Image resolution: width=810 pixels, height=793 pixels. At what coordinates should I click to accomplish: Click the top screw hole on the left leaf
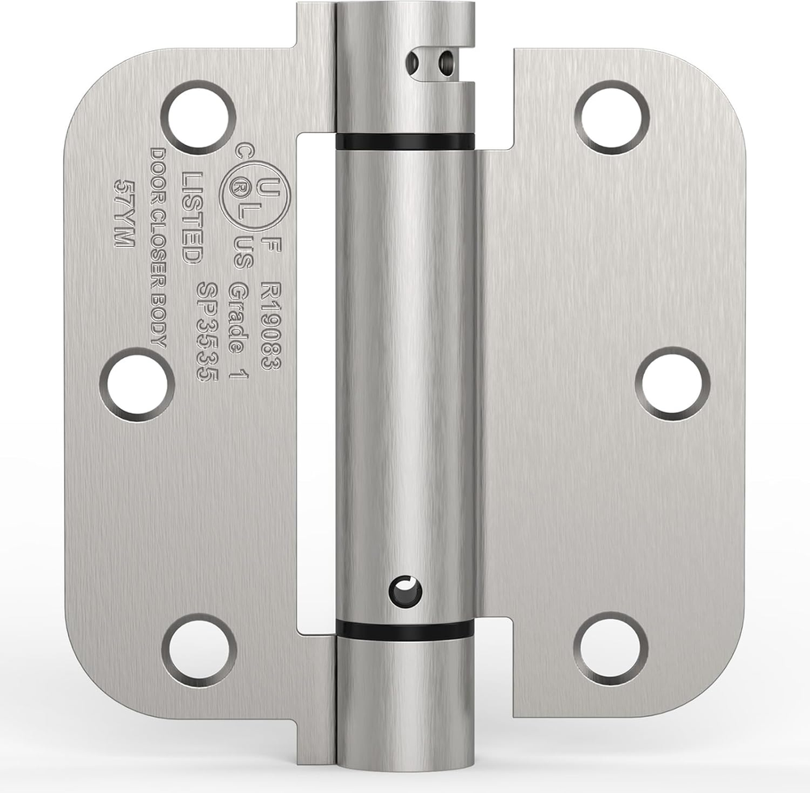pyautogui.click(x=198, y=117)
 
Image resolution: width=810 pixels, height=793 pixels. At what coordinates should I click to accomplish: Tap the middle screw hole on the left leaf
pyautogui.click(x=137, y=384)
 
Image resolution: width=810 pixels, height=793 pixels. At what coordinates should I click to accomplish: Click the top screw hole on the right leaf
pyautogui.click(x=612, y=117)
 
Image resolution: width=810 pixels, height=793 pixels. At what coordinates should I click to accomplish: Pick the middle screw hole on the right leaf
pyautogui.click(x=672, y=384)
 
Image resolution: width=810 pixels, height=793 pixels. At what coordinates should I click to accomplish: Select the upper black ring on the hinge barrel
pyautogui.click(x=405, y=141)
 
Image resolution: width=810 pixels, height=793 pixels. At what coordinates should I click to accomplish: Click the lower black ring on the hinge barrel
pyautogui.click(x=405, y=629)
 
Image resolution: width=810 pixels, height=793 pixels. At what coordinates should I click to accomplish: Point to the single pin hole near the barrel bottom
pyautogui.click(x=404, y=590)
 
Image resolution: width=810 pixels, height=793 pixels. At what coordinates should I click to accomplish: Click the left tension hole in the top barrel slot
pyautogui.click(x=415, y=63)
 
